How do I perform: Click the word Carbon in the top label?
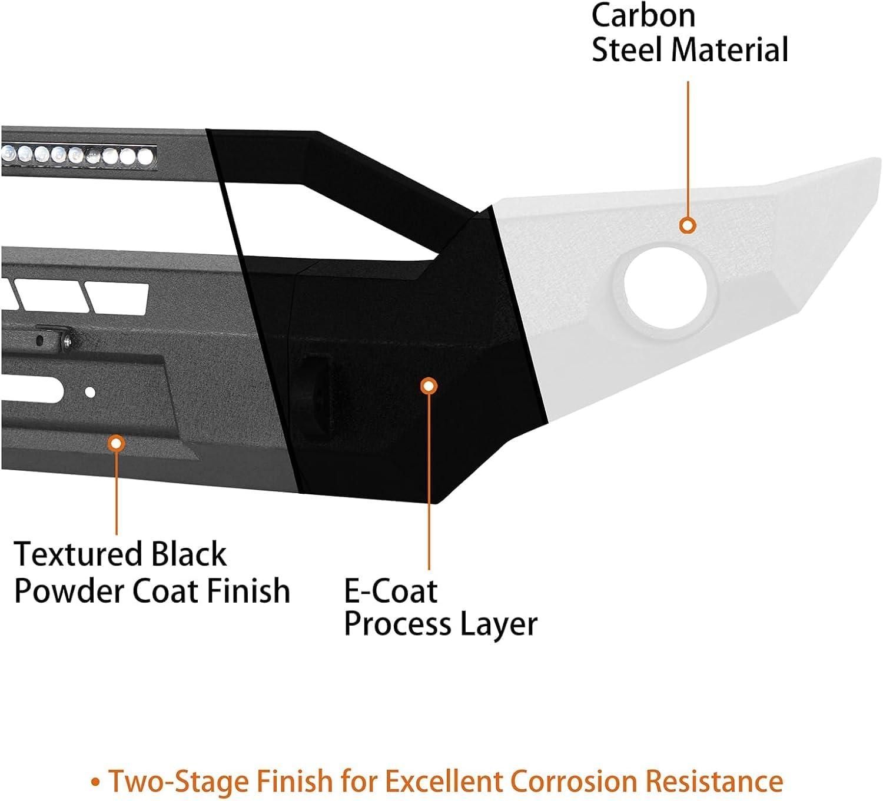643,16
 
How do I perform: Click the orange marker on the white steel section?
688,225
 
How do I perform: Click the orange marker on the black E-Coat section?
429,386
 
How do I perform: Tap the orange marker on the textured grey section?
117,443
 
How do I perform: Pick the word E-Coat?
390,591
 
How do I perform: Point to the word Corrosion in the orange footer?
574,781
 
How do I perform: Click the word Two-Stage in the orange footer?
179,781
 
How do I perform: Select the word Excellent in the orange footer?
444,781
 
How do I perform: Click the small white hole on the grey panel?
90,392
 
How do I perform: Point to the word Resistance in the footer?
714,781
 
